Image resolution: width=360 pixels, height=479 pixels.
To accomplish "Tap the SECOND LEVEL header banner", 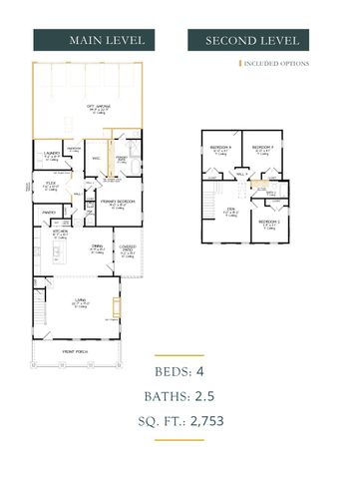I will click(x=252, y=41).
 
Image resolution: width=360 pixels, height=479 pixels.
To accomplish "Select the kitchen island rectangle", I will click(x=56, y=256).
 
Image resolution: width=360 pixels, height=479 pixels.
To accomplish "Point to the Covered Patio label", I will click(x=128, y=249).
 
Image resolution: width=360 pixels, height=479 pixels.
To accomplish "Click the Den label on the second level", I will click(x=228, y=210).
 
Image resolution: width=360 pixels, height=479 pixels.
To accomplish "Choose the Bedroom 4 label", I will click(x=222, y=149).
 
